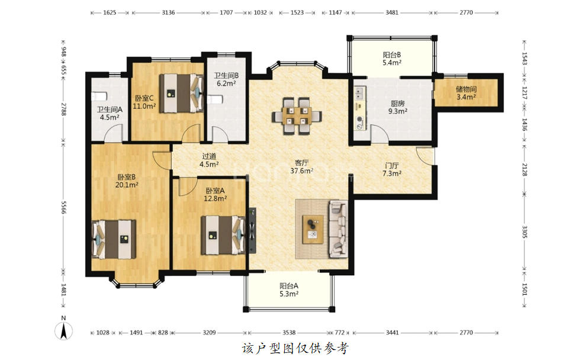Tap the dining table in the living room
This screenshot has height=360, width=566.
pos(297,116)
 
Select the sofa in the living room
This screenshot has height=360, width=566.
pos(338,229)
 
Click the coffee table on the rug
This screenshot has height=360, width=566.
pos(313,229)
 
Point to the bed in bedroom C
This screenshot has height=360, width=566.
pos(182,93)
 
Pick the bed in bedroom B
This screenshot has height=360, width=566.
pos(114,239)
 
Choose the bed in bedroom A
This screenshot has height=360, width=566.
pos(223,235)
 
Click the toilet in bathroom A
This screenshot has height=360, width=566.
pos(98,97)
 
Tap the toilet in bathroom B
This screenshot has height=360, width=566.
pos(214,99)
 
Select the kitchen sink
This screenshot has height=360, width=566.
pos(360,93)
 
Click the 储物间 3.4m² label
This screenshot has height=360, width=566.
pos(466,93)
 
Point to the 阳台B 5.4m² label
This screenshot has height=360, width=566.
pos(392,59)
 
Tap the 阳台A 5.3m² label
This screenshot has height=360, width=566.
pos(289,290)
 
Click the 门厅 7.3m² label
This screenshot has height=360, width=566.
pos(392,169)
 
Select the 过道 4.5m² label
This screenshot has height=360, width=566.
pos(210,160)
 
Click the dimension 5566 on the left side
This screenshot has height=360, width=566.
pos(63,207)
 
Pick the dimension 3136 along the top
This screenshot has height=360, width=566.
pos(168,12)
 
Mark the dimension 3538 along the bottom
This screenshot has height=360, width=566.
pos(289,333)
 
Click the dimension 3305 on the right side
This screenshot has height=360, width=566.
pos(525,232)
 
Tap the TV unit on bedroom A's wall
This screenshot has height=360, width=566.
pos(252,230)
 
